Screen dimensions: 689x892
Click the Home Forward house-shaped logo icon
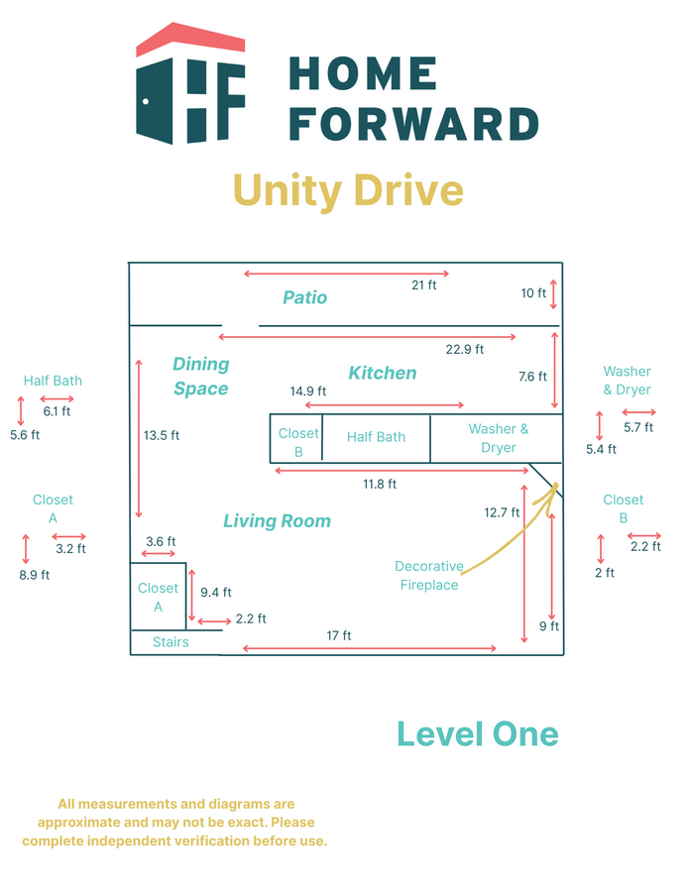point(190,84)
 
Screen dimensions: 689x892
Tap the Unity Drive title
point(348,189)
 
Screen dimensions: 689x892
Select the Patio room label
point(304,297)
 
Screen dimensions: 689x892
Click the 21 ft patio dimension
point(424,285)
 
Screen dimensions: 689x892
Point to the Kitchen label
point(383,373)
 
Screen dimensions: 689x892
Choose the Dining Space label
point(200,377)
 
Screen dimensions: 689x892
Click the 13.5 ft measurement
point(162,435)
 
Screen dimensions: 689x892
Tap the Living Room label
point(277,520)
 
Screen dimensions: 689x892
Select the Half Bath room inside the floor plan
point(376,437)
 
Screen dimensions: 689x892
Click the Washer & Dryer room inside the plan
point(498,438)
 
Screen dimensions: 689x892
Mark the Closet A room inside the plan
point(158,597)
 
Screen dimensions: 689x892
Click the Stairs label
point(171,642)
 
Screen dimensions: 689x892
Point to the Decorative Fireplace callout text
point(429,576)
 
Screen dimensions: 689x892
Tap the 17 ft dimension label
point(340,635)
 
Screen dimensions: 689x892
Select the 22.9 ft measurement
point(465,349)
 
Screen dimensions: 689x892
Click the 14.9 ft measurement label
point(308,391)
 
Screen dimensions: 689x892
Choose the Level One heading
point(477,734)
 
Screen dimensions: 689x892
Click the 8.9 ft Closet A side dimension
point(31,575)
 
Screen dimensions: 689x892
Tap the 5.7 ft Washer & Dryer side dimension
point(637,427)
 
